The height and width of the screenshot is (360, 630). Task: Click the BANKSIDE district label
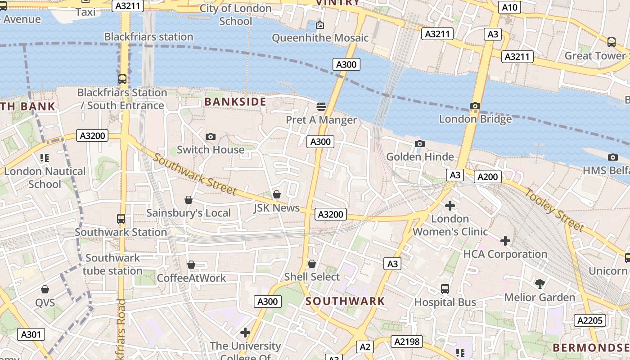235,102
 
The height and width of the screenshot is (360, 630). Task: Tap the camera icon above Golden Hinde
419,144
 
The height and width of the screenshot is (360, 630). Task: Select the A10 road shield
509,7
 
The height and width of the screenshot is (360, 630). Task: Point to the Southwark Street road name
195,174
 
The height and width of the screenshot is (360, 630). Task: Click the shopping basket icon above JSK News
277,194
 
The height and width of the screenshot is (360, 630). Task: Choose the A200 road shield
487,177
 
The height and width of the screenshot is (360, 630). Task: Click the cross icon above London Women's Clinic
450,206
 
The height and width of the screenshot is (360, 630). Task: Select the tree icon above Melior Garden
540,283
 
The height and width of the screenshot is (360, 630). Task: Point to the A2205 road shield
589,320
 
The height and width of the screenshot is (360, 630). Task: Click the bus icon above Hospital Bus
445,289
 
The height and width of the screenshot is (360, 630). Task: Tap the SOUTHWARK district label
345,301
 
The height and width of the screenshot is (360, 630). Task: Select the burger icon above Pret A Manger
321,107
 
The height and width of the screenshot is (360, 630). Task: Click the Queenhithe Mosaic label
320,38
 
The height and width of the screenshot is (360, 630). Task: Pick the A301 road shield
31,334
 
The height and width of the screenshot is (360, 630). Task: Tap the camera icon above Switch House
210,136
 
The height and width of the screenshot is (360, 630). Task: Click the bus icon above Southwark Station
121,219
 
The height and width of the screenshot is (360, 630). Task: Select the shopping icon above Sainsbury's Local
189,200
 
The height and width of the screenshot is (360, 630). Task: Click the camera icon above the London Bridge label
475,106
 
